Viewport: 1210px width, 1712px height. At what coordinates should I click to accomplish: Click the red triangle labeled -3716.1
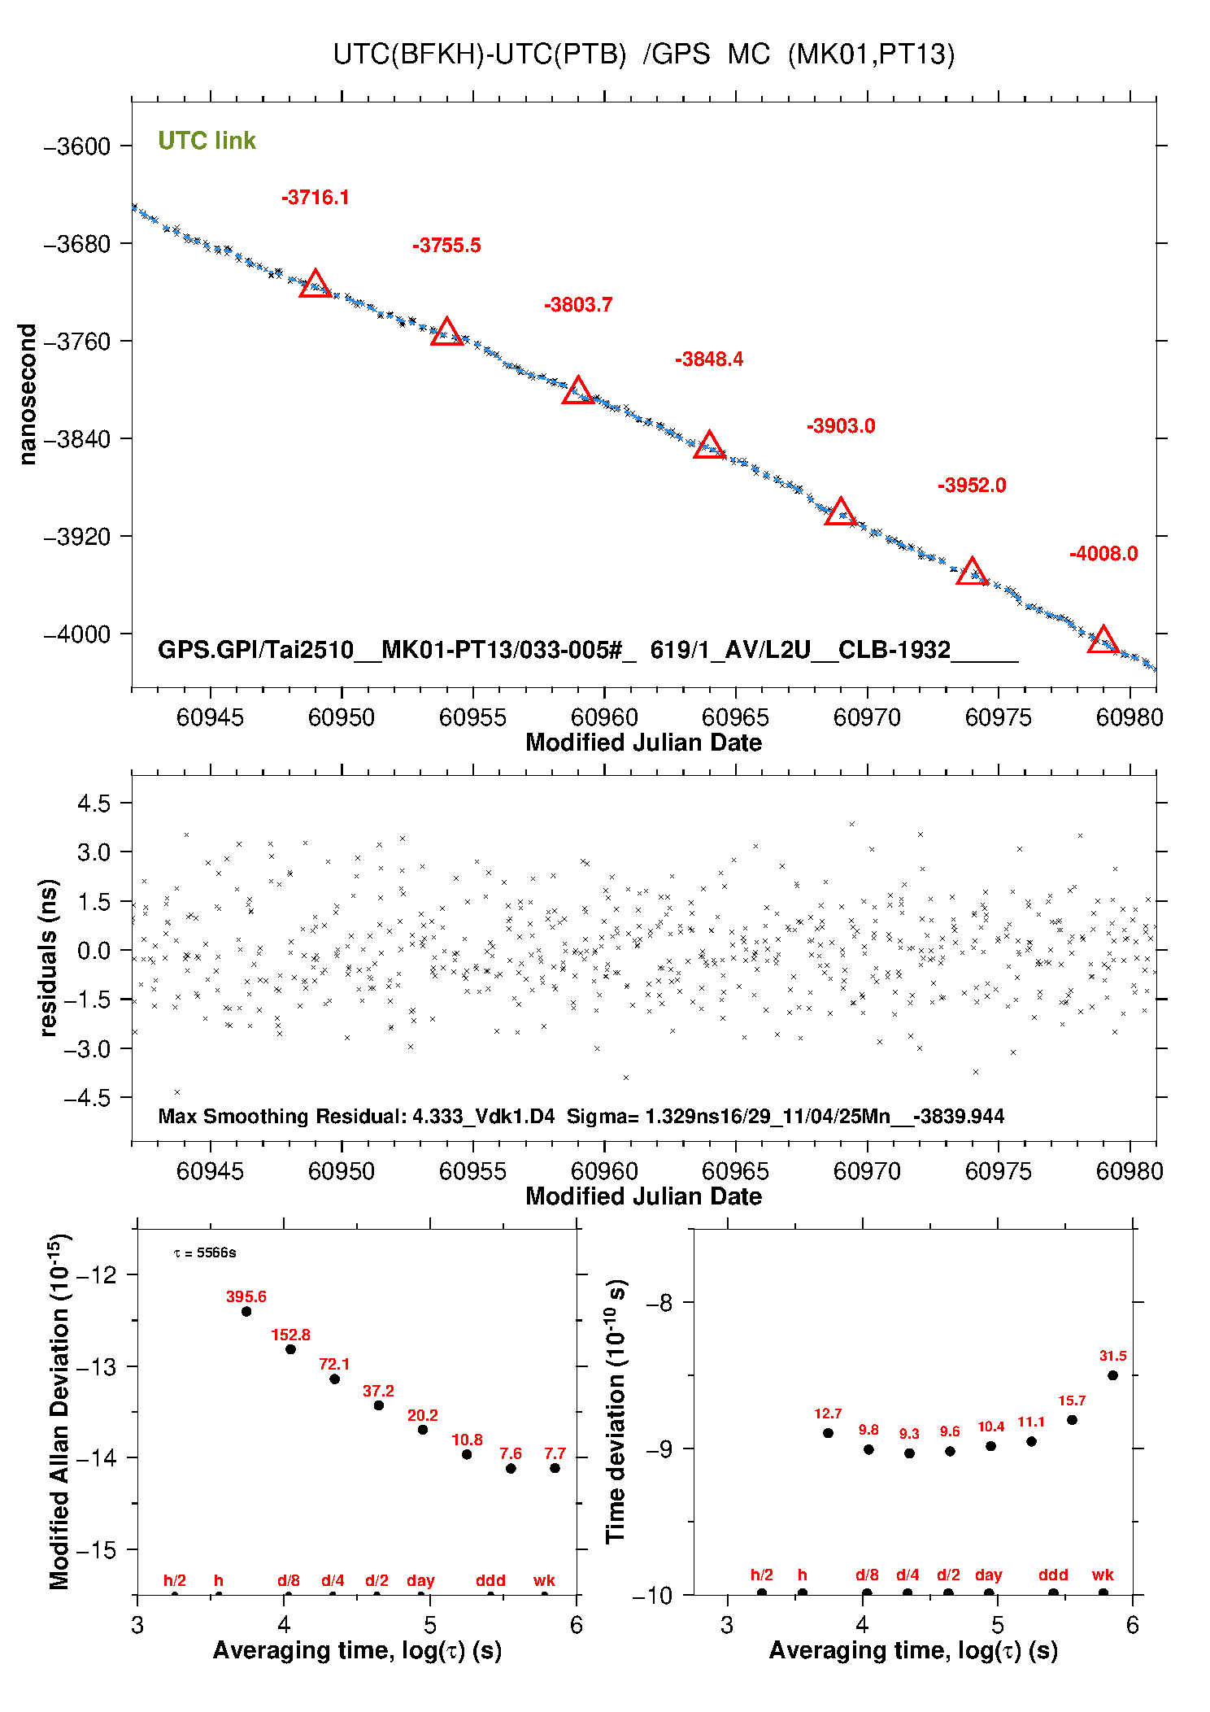point(315,285)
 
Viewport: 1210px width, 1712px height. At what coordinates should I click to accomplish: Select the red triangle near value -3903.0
point(840,513)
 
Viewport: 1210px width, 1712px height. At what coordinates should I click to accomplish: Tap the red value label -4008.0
point(1103,554)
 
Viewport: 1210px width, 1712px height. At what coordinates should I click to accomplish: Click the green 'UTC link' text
point(207,141)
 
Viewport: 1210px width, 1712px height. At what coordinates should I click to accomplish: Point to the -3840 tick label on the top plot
point(77,439)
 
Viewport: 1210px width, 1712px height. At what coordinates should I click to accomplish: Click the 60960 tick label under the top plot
point(604,717)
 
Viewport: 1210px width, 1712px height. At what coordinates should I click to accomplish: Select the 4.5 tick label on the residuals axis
point(94,804)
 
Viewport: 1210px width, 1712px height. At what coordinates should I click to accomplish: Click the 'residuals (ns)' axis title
point(49,957)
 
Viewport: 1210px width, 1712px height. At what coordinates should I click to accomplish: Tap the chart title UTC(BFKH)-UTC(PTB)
point(480,54)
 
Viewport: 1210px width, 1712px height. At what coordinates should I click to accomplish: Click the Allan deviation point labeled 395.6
point(246,1311)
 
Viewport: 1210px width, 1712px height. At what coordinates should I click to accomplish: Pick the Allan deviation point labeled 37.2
point(379,1405)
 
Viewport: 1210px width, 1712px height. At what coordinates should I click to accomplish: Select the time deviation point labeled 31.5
point(1112,1375)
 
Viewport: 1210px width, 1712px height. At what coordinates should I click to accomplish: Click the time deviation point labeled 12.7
point(828,1433)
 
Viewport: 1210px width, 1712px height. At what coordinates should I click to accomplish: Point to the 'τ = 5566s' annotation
point(205,1253)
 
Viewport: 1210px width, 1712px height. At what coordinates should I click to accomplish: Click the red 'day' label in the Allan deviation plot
point(420,1580)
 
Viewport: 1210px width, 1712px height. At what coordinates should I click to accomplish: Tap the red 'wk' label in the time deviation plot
point(1103,1575)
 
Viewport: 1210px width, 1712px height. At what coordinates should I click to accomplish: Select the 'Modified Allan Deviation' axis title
point(59,1411)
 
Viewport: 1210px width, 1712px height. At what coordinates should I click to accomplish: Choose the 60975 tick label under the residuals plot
point(998,1171)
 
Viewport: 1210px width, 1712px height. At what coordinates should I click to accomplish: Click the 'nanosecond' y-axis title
point(28,394)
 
